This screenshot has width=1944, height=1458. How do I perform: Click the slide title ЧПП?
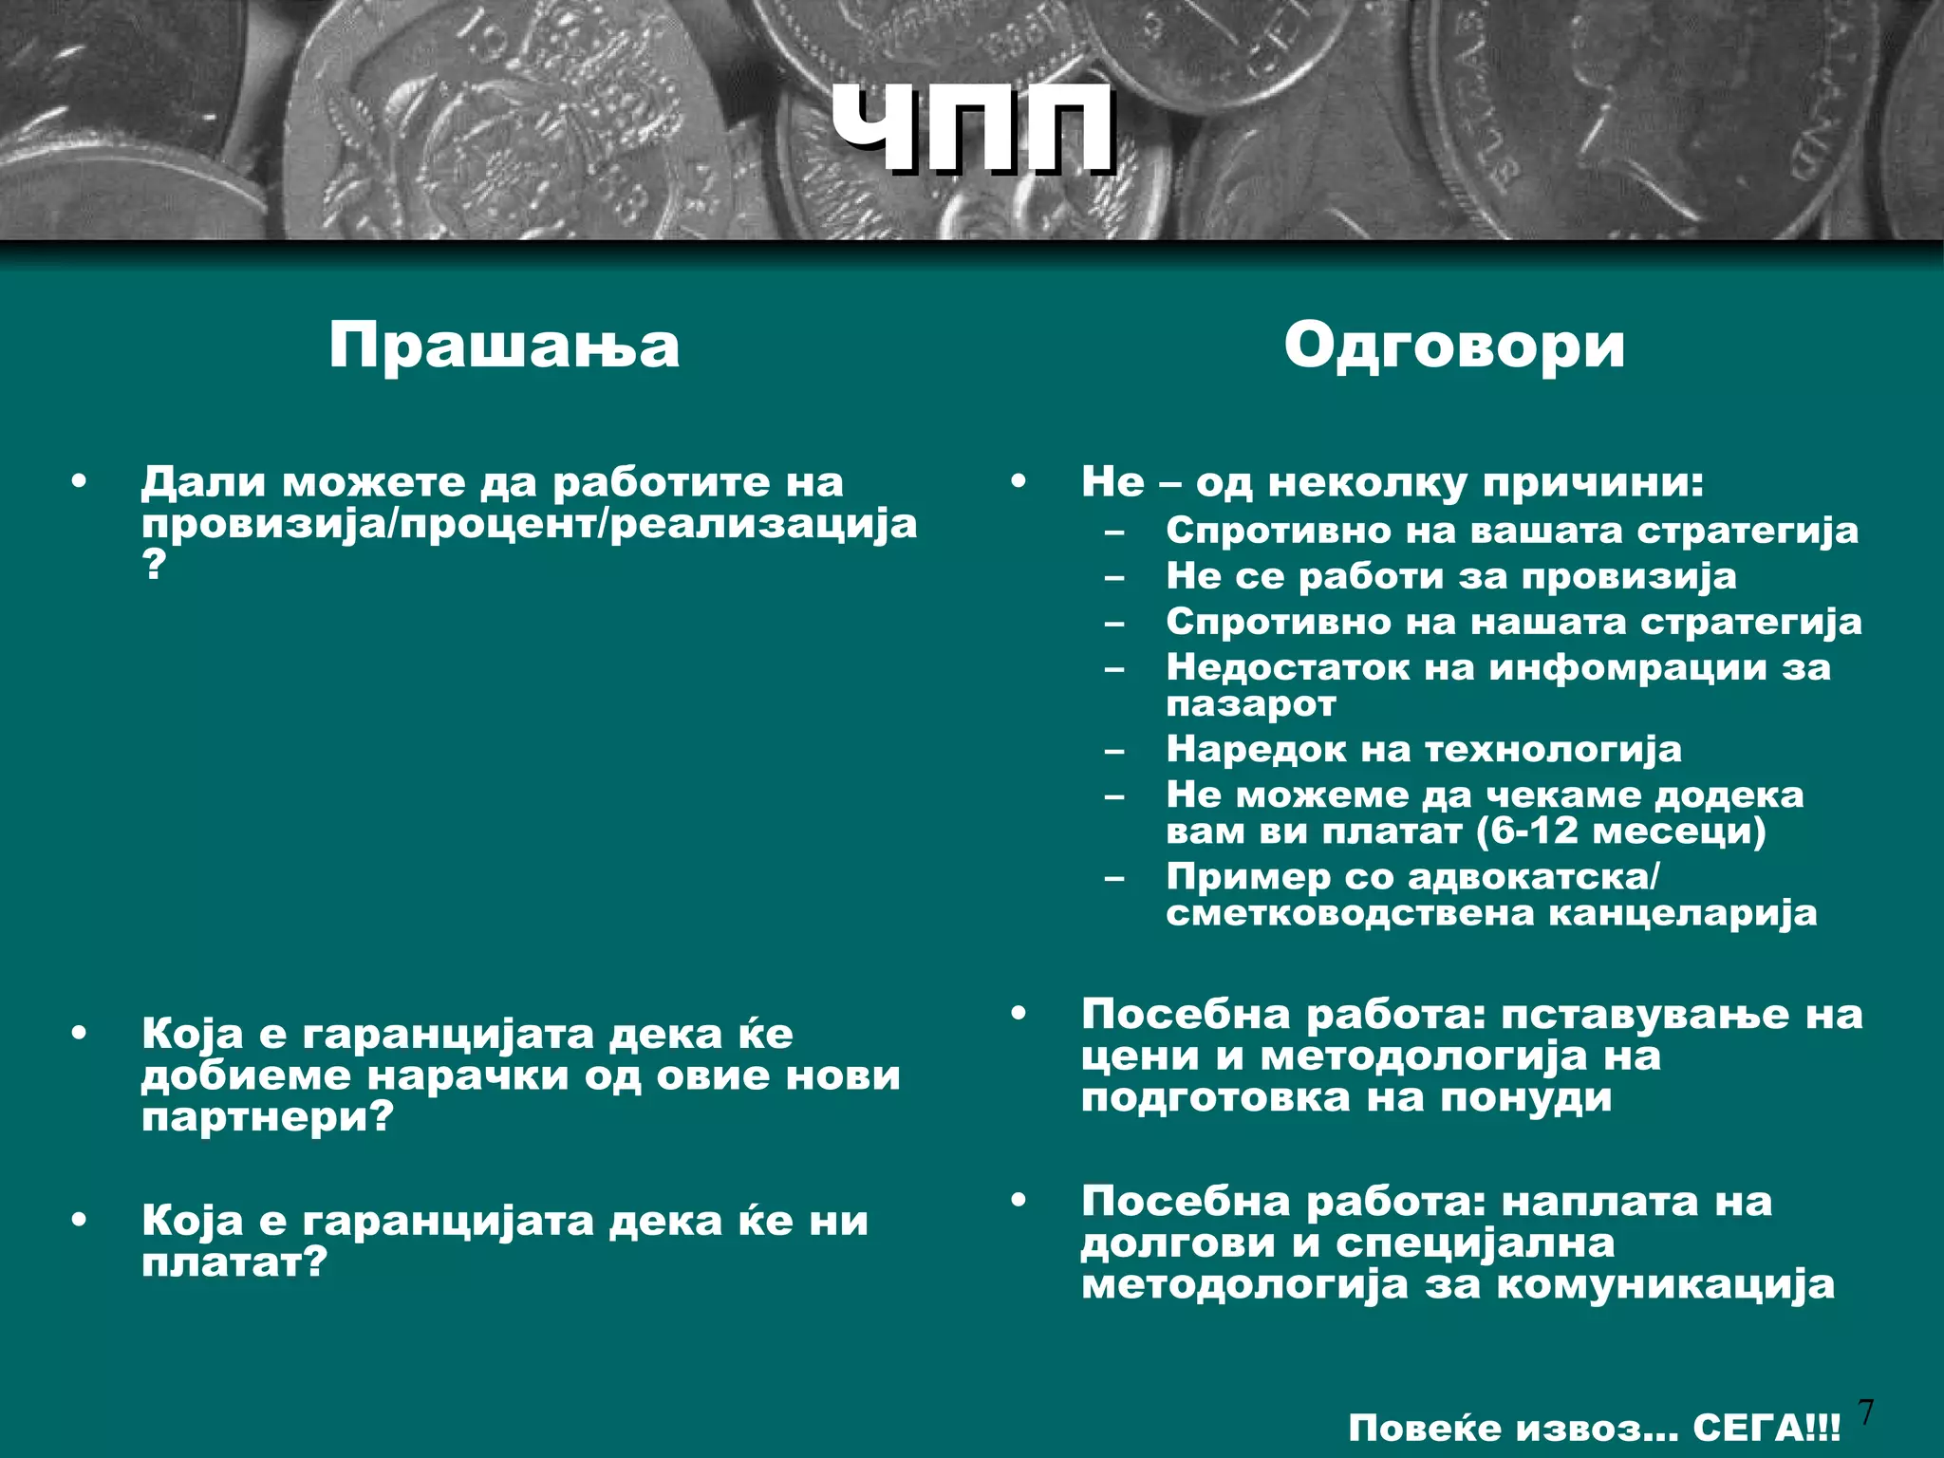[x=972, y=130]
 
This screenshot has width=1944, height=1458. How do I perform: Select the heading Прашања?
[x=504, y=346]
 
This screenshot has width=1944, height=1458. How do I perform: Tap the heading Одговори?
[x=1454, y=346]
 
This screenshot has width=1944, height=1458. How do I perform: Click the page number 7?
[x=1866, y=1411]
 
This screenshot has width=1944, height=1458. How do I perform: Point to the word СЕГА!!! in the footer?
[x=1766, y=1428]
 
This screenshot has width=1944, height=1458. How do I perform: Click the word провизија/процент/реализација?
[x=530, y=524]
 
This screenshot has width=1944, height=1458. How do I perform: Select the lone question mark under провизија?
[x=153, y=566]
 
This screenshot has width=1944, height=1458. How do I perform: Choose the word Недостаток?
[x=1288, y=667]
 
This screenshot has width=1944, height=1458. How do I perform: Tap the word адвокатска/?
[x=1534, y=876]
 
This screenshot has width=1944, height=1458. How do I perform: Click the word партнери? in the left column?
[x=267, y=1118]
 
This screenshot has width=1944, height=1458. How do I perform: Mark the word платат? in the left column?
[x=234, y=1263]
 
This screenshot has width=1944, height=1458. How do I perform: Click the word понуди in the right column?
[x=1526, y=1098]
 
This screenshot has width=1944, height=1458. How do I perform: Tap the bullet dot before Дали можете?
[x=79, y=481]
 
